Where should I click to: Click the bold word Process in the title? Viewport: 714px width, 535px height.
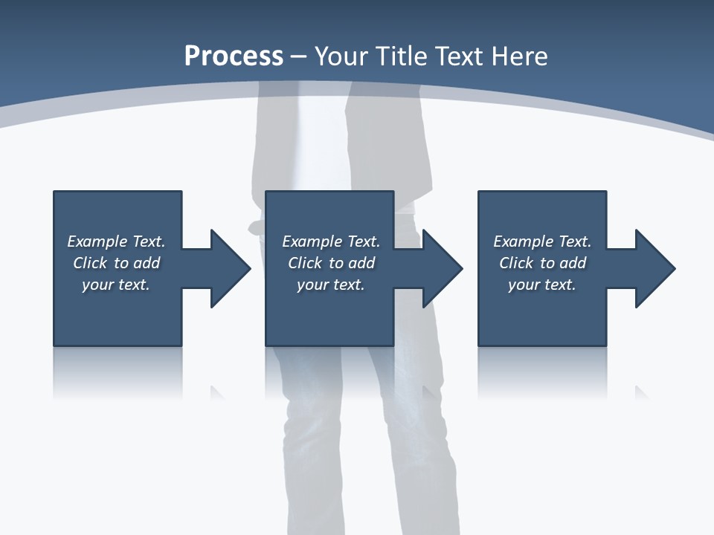click(x=234, y=56)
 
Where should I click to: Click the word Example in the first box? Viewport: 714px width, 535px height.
click(x=97, y=241)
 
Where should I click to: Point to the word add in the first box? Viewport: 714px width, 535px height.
click(x=147, y=263)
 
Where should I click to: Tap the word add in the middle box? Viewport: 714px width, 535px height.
click(x=361, y=263)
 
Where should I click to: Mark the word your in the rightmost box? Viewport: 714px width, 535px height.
click(x=524, y=285)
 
